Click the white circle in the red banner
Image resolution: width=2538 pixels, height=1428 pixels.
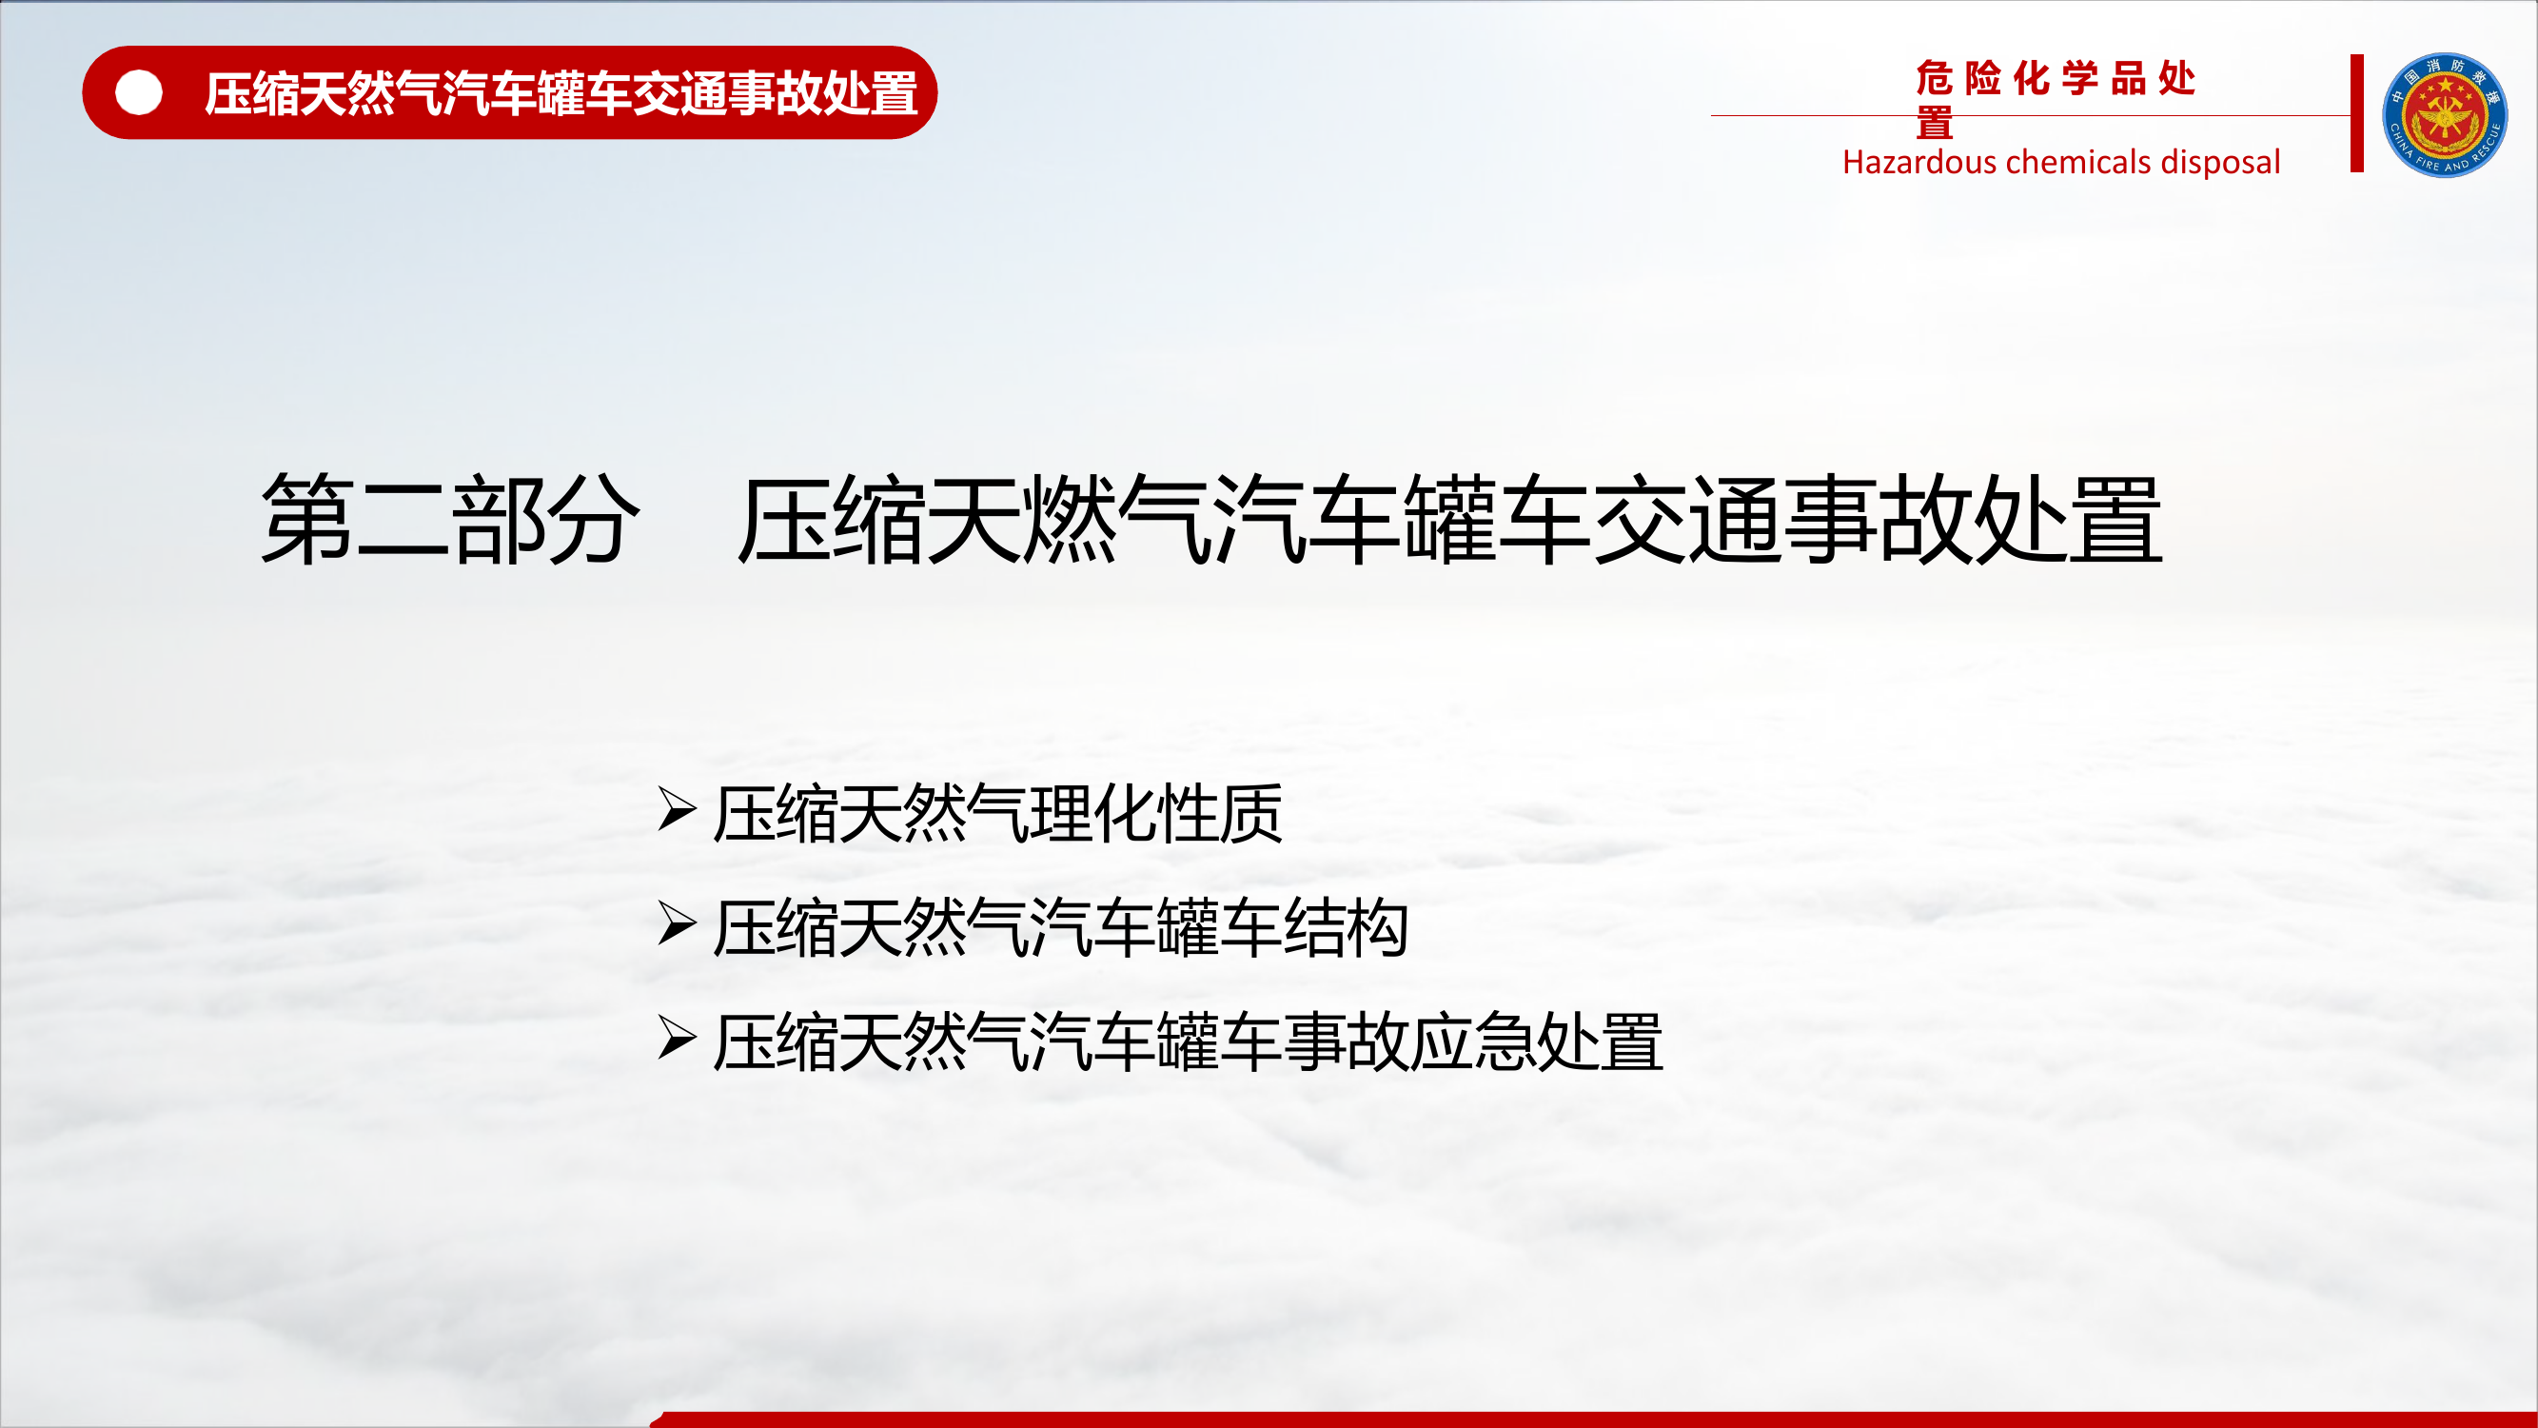coord(139,93)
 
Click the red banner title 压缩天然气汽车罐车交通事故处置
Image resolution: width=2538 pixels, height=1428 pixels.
coord(561,93)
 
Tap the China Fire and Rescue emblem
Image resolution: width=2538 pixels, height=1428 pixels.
coord(2445,115)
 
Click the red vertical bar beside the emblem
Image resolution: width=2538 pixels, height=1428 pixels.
coord(2356,113)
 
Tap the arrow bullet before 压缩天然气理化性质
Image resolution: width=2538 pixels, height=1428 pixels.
coord(677,810)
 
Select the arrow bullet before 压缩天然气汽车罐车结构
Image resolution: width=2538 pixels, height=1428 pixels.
coord(677,924)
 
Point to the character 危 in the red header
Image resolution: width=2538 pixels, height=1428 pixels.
coord(1935,79)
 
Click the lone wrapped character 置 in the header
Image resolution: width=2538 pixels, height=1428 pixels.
coord(1935,124)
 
